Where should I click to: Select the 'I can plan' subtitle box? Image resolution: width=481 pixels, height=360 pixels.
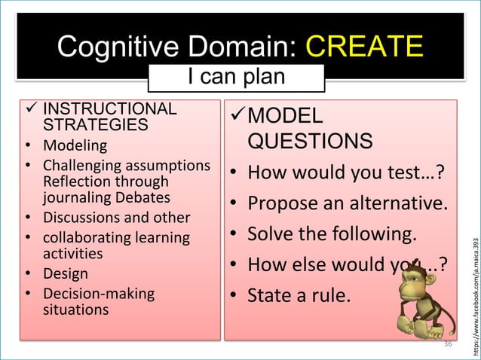tap(236, 77)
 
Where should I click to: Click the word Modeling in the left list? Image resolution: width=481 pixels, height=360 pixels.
tap(75, 145)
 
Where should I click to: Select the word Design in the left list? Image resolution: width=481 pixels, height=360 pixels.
tap(65, 273)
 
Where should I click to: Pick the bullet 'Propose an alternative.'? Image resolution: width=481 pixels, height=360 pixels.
tap(348, 203)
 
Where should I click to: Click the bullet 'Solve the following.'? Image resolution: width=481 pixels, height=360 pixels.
tap(332, 234)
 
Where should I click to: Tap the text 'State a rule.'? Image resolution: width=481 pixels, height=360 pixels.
tap(299, 296)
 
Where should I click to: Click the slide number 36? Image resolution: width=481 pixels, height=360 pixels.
tap(448, 343)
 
